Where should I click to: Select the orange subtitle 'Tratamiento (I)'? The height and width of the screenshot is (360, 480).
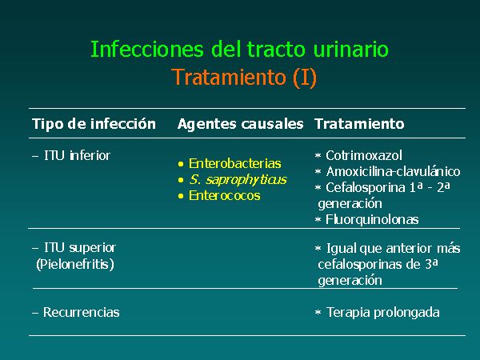244,77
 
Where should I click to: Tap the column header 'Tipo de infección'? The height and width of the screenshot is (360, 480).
94,124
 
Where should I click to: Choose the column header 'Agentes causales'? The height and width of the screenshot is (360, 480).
240,124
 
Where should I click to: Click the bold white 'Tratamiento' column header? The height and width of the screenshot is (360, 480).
359,124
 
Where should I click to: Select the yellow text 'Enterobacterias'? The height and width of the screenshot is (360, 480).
234,163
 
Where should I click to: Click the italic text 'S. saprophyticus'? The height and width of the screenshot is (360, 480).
238,180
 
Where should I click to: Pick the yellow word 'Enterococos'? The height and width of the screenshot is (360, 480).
224,195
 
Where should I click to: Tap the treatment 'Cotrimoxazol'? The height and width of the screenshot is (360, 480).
364,155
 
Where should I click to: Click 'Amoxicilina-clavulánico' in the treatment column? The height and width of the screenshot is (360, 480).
393,171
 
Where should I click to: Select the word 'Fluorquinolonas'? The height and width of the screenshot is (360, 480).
372,219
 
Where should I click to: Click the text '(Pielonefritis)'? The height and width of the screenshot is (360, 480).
75,264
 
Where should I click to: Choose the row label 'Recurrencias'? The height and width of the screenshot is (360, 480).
81,312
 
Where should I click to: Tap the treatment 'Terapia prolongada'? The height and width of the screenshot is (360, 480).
383,313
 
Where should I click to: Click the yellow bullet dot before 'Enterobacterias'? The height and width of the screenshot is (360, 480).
181,164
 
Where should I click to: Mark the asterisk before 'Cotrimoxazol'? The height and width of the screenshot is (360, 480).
318,156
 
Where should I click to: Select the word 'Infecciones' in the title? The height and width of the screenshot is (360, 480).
147,49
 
